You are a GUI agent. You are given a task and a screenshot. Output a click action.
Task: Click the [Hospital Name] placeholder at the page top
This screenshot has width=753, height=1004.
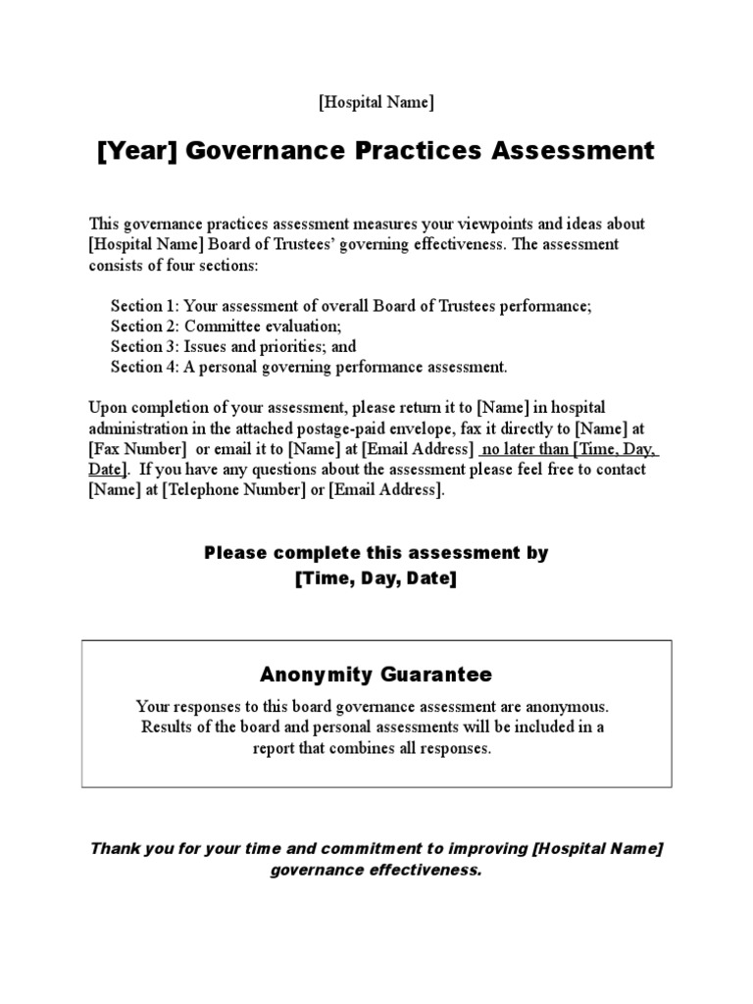pyautogui.click(x=376, y=102)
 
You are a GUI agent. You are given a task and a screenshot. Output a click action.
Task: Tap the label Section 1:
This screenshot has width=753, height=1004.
pyautogui.click(x=145, y=306)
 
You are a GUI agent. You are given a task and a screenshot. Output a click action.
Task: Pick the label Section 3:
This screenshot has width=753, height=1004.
pyautogui.click(x=145, y=347)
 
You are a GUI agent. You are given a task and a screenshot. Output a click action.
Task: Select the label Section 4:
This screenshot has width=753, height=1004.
pyautogui.click(x=145, y=368)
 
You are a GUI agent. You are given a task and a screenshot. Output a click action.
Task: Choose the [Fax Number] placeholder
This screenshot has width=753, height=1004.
pyautogui.click(x=137, y=448)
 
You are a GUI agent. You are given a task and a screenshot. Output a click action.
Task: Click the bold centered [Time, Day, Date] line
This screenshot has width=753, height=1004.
pyautogui.click(x=376, y=578)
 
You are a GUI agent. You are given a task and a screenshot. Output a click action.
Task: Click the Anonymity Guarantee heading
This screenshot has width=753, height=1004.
pyautogui.click(x=376, y=675)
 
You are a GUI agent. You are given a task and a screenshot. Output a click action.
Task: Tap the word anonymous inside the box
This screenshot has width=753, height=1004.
pyautogui.click(x=571, y=706)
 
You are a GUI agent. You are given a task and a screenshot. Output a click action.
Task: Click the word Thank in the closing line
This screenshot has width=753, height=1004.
pyautogui.click(x=114, y=848)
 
